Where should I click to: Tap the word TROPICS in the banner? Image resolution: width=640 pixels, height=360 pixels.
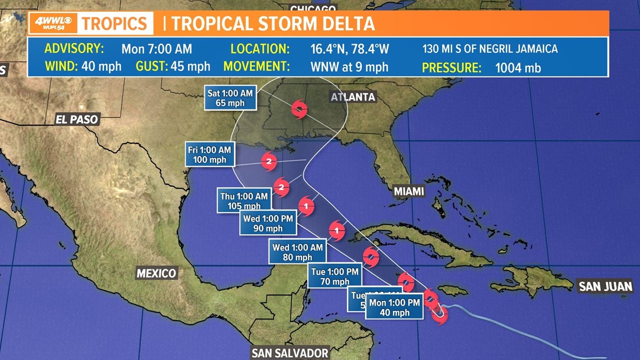(115, 24)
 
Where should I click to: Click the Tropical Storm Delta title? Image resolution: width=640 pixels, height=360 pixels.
(273, 24)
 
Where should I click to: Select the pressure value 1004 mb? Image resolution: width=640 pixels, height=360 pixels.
(518, 68)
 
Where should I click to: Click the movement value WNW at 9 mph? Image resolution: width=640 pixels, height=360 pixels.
(349, 67)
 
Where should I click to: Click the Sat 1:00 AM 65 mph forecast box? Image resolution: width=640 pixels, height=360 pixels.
(230, 98)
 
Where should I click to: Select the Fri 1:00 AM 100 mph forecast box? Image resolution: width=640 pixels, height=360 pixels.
(210, 154)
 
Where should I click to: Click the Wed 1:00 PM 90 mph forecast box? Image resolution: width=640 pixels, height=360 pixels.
(268, 223)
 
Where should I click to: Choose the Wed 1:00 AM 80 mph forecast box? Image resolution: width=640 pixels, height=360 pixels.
(297, 252)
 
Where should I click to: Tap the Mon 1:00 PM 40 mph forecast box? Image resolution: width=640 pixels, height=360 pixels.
(394, 307)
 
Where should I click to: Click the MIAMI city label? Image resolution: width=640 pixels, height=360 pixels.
(409, 192)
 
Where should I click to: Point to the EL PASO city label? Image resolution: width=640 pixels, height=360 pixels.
(77, 119)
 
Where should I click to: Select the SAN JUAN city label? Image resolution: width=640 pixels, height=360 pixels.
(605, 286)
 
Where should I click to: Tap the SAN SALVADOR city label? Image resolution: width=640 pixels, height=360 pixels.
(290, 353)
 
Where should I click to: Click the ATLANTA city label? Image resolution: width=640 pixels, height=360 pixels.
(353, 97)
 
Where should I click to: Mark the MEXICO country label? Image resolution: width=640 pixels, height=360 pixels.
(157, 274)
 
